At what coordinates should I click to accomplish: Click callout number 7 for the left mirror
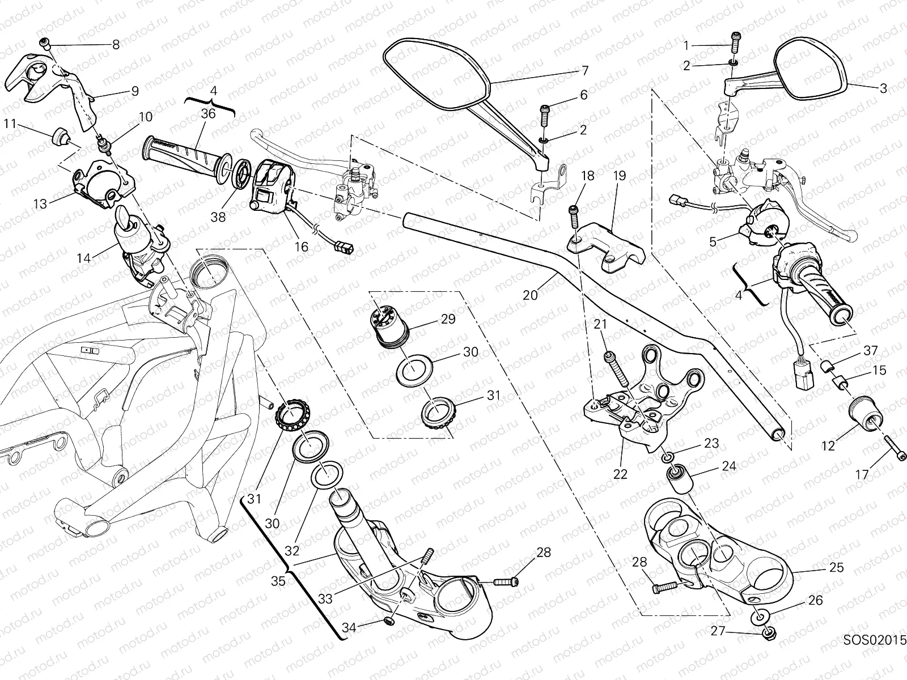pos(585,71)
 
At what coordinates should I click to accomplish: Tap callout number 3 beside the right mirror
pos(883,88)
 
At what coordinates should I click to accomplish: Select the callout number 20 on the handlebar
pos(530,295)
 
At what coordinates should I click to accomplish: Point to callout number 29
pos(448,319)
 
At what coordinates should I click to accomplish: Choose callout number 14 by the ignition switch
pos(84,258)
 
